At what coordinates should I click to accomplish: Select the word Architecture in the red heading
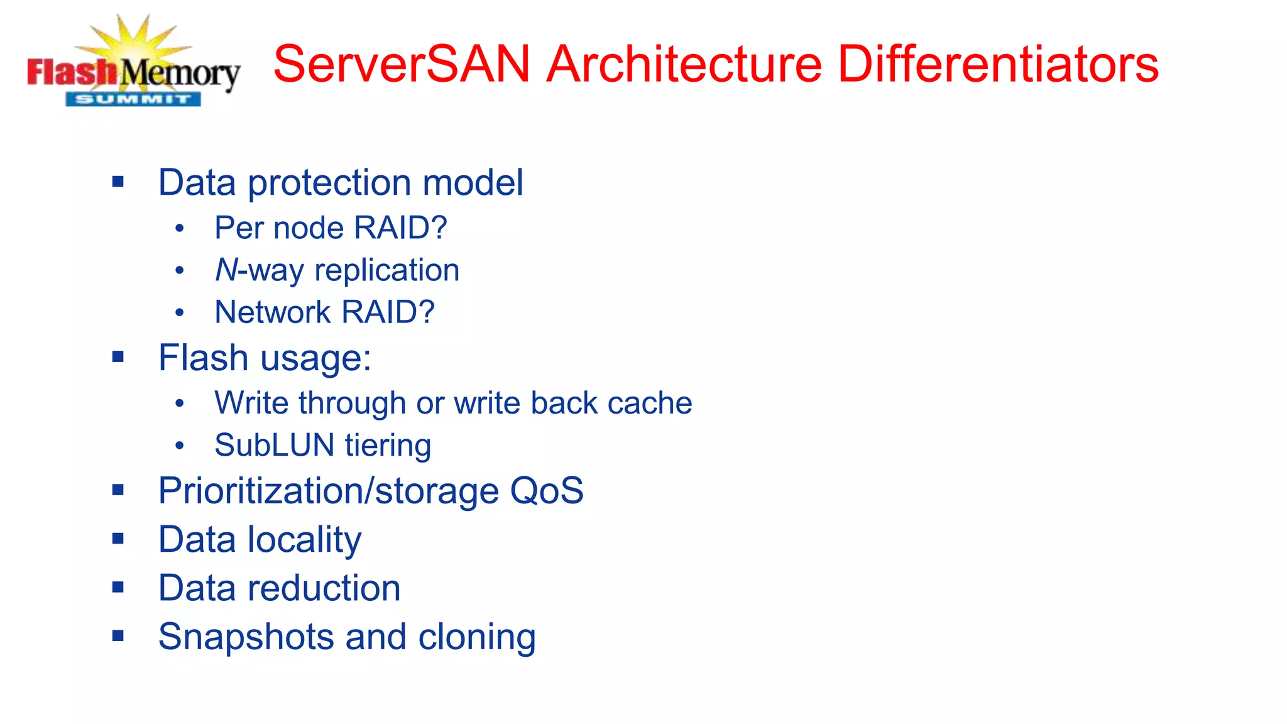pos(684,64)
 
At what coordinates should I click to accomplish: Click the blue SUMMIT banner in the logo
pos(133,99)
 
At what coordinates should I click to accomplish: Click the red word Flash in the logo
pos(72,73)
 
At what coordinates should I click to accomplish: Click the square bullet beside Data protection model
pos(118,182)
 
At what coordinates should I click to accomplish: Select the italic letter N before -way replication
pos(226,270)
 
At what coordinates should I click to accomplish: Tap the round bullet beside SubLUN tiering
pos(180,446)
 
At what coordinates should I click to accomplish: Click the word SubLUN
pos(275,446)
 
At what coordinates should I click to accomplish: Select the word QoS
pos(546,491)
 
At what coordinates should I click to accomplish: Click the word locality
pos(304,540)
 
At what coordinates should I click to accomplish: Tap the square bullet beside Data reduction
pos(118,588)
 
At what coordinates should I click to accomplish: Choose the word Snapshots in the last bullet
pos(246,637)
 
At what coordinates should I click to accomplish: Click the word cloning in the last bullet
pos(477,637)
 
